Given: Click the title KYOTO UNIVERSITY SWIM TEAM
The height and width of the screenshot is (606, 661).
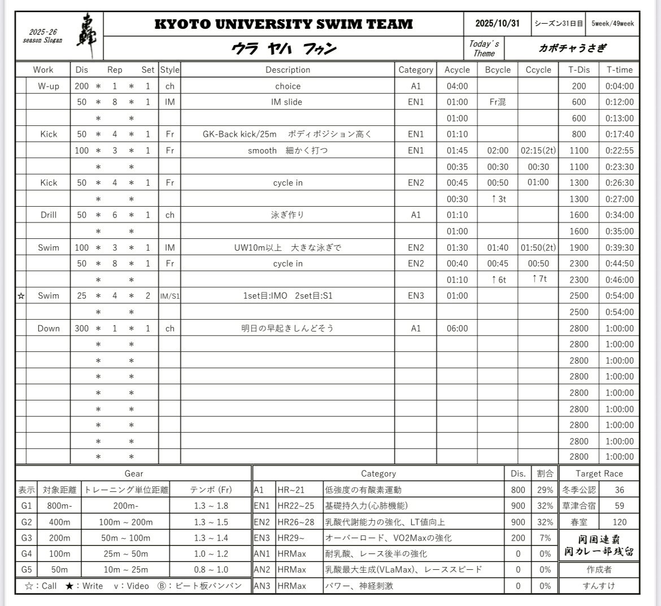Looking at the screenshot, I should click(283, 24).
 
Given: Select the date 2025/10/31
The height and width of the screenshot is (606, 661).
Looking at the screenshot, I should click(497, 24).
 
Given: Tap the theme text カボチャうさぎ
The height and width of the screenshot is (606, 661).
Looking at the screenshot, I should click(572, 48).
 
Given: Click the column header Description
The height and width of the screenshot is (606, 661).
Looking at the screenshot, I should click(288, 70).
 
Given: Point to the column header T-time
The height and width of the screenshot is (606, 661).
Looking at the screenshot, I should click(619, 70).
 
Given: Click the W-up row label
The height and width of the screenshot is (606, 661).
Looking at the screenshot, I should click(49, 86).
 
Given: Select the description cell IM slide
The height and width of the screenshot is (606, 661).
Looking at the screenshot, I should click(287, 102).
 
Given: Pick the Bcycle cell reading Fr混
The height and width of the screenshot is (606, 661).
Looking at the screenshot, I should click(497, 102).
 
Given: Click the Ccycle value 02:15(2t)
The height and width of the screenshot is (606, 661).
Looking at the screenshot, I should click(538, 151).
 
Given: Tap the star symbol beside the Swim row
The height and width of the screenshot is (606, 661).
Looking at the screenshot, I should click(21, 296).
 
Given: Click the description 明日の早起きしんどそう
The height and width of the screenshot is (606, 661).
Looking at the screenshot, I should click(288, 328).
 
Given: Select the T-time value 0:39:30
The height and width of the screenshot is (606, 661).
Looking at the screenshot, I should click(619, 247).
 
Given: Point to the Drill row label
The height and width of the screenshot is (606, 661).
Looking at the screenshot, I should click(49, 215).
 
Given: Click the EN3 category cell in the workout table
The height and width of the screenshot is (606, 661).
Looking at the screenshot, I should click(416, 296).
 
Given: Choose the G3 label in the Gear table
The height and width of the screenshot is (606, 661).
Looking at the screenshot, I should click(27, 538).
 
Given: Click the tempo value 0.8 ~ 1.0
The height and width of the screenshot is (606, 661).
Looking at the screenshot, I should click(211, 569).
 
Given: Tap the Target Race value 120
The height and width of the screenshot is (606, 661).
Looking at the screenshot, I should click(619, 522).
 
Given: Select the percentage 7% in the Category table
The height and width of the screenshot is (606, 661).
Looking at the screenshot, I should click(545, 538).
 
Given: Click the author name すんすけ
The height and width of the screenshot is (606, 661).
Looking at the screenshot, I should click(599, 586).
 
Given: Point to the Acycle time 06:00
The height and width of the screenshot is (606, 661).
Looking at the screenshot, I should click(457, 328).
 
